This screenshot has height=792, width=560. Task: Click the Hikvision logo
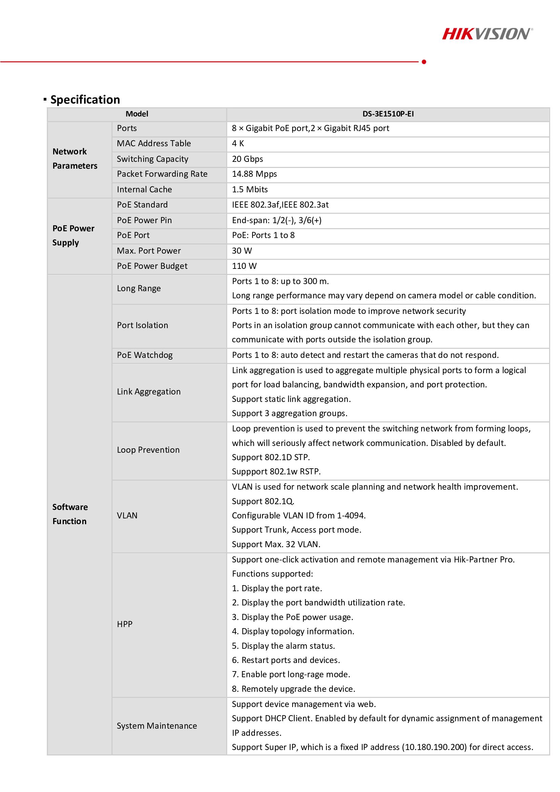487,34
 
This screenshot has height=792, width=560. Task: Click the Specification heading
85,100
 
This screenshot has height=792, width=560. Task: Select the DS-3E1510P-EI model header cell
388,114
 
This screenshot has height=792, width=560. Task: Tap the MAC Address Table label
154,144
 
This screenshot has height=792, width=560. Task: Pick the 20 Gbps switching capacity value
247,159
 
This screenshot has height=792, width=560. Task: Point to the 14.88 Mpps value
254,174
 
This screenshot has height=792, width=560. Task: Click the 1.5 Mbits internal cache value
250,189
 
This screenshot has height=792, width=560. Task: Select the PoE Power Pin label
144,220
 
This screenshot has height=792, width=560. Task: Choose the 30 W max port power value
242,251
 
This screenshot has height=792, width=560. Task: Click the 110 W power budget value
244,266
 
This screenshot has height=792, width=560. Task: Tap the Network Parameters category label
75,159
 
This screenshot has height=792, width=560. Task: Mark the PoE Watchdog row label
145,355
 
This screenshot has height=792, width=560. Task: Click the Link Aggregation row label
149,391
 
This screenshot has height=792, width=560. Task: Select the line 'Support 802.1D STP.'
271,457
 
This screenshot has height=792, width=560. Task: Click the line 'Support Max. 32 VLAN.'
276,544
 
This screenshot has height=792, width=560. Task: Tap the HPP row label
125,624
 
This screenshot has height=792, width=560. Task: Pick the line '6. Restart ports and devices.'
286,660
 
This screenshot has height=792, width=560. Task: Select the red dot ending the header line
424,62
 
